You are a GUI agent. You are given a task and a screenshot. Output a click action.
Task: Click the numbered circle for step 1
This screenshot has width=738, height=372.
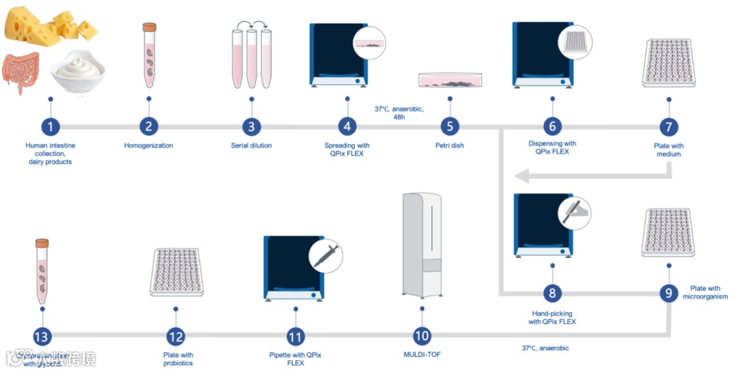coord(50,126)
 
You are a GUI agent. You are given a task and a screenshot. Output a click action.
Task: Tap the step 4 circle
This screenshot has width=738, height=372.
coord(347,126)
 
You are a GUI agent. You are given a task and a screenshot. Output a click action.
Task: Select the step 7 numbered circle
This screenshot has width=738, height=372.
coord(669,126)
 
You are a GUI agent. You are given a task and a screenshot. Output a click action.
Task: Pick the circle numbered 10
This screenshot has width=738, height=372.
coord(422,335)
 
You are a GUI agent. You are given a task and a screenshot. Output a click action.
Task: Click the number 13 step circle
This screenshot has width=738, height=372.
coord(42,335)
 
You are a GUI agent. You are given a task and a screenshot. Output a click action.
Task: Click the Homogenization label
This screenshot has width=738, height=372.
coord(148,145)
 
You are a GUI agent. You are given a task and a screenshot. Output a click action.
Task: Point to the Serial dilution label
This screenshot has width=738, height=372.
coord(251,145)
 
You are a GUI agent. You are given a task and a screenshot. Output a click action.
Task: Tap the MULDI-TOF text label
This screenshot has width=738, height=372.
coord(422,355)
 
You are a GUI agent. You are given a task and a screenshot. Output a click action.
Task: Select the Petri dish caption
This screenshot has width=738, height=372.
coord(449,145)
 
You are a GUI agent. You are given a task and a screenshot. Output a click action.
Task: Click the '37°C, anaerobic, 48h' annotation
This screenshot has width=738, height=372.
coord(399,113)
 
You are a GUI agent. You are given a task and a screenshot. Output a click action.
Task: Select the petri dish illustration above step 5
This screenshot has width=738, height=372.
coord(451,80)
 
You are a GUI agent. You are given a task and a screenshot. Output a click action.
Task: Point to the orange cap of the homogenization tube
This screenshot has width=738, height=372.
coord(149,28)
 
